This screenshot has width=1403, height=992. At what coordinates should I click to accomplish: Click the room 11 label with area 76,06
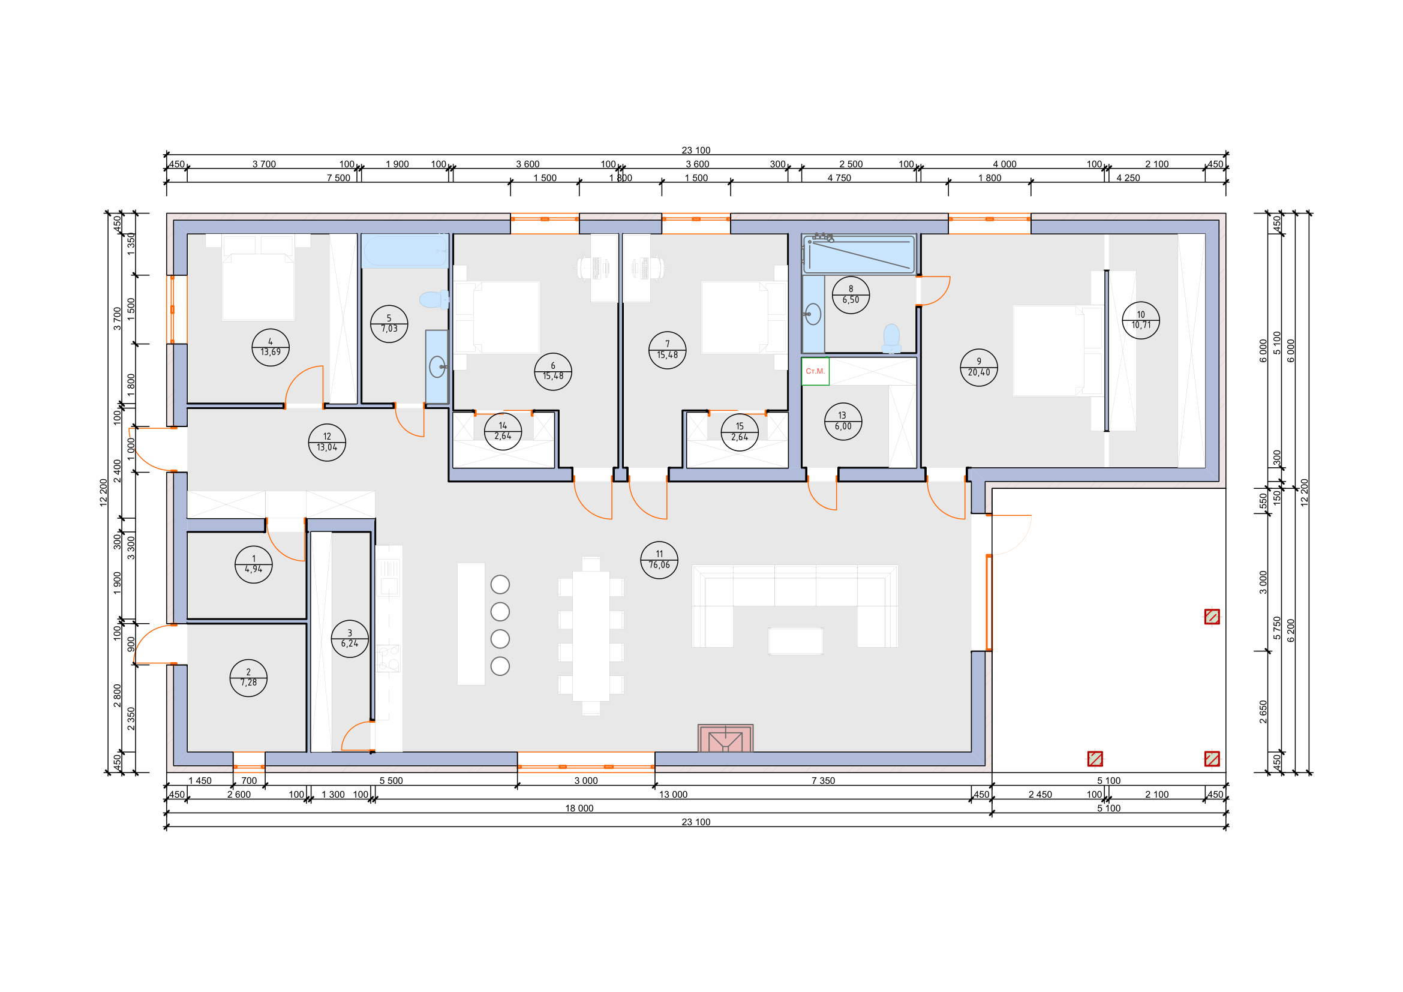tap(659, 560)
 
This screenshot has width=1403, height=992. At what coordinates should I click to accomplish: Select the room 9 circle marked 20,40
tap(979, 367)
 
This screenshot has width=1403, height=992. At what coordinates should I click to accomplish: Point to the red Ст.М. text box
tap(815, 371)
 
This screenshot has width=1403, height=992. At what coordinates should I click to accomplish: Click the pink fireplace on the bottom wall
tap(725, 738)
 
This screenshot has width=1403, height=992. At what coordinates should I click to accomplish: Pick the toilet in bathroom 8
tap(891, 338)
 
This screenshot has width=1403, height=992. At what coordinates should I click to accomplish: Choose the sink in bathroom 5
tap(437, 366)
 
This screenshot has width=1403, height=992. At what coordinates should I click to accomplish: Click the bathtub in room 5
tap(405, 251)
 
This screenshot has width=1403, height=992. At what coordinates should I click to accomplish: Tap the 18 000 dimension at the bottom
tap(579, 808)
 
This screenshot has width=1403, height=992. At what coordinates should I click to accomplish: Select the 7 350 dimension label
tap(823, 781)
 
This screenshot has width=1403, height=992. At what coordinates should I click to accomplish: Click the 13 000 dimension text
tap(674, 795)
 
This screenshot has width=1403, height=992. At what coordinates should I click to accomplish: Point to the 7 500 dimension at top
tap(338, 178)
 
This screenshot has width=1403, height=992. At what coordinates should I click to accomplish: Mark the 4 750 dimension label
tap(839, 178)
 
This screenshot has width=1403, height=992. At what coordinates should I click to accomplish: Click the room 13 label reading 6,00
tap(843, 421)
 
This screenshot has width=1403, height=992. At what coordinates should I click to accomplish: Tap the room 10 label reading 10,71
tap(1141, 320)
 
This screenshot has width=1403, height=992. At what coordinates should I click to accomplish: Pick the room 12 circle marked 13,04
tap(327, 442)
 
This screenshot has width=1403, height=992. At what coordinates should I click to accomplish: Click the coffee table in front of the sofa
tap(795, 641)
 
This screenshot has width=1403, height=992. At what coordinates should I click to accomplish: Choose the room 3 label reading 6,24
tap(350, 638)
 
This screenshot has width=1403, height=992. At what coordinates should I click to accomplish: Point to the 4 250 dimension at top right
tap(1128, 178)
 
